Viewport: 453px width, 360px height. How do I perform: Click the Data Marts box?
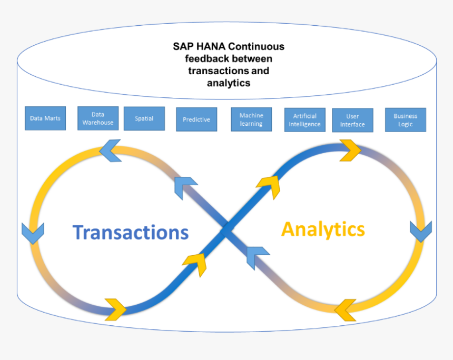coord(45,118)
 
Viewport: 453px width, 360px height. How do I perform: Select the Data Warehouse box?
coord(98,118)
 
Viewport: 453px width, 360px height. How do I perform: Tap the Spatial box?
coord(144,119)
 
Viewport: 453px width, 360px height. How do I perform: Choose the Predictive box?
coord(196,119)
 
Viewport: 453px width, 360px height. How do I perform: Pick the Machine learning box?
coord(251,119)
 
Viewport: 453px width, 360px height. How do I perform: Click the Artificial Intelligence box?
coord(305,120)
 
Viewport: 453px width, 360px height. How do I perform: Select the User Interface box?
coord(352,121)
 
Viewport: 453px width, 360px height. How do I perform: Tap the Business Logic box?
coord(406,120)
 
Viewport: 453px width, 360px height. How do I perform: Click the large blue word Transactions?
coord(131,232)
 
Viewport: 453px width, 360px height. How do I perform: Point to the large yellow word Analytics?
coord(323,229)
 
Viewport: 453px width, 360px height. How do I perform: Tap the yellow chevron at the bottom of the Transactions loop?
coord(116,309)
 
